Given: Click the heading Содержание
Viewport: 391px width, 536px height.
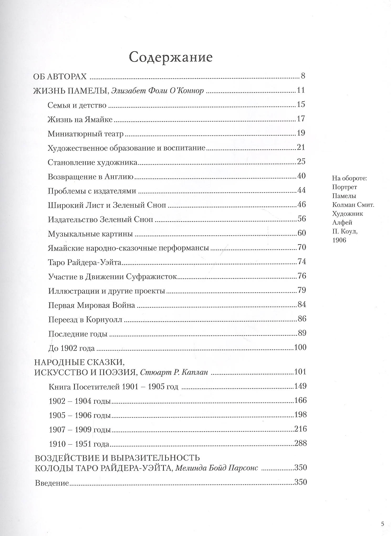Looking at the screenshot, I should [x=171, y=57].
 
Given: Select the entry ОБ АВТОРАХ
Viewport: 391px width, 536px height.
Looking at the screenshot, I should [x=60, y=76].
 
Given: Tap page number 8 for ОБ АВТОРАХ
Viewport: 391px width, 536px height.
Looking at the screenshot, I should [x=303, y=76].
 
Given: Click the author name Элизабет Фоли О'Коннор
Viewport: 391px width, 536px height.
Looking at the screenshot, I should [x=157, y=91].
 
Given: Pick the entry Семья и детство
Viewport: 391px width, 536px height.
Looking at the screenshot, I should [x=77, y=105].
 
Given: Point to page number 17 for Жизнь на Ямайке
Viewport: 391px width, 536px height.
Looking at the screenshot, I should [x=301, y=119].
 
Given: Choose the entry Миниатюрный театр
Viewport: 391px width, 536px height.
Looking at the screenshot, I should [x=86, y=134].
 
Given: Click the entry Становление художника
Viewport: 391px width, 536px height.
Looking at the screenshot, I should [x=92, y=162].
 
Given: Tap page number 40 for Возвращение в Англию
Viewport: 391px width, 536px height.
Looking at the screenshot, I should [x=301, y=176].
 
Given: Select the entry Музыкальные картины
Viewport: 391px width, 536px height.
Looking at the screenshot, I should [x=90, y=233].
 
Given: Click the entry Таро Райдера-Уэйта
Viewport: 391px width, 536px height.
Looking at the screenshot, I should [x=85, y=262].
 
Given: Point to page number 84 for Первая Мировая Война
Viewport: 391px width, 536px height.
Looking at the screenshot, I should [x=302, y=304].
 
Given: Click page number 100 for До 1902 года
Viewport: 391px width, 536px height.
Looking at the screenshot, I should [x=300, y=347].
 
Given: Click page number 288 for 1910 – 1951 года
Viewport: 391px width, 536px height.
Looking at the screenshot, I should [x=300, y=443].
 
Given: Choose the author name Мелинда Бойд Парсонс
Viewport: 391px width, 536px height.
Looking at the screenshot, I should [x=216, y=468].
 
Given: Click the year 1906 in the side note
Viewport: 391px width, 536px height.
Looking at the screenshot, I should [x=339, y=240].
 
